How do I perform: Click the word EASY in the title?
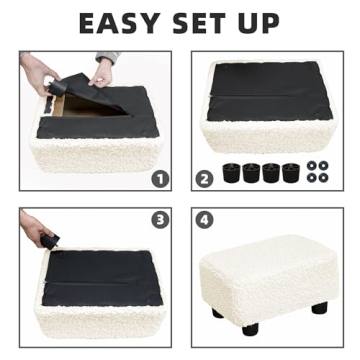click(118, 21)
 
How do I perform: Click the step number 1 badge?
click(159, 178)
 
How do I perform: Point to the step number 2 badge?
click(205, 178)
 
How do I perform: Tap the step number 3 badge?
click(159, 219)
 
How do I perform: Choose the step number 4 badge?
click(205, 219)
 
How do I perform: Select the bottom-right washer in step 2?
click(323, 178)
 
